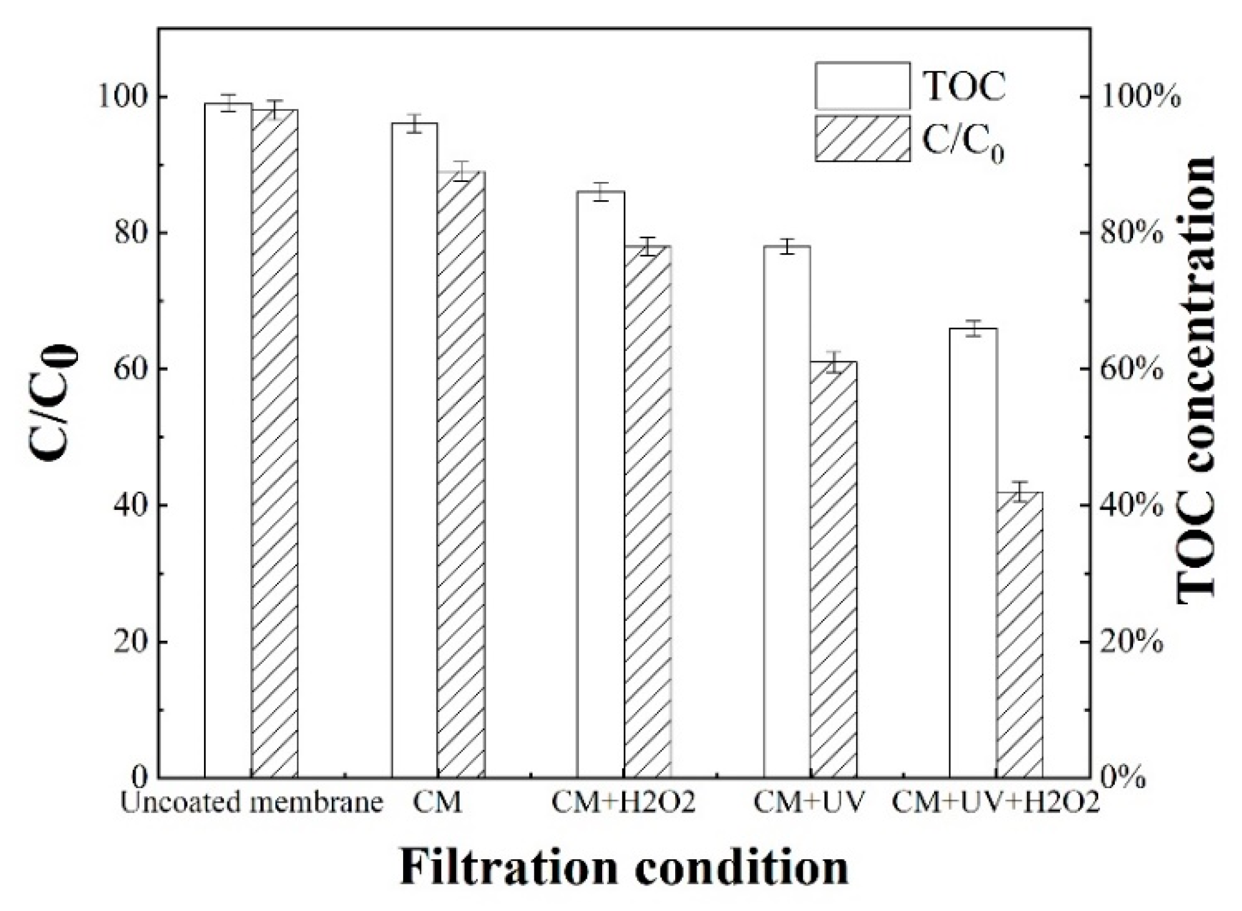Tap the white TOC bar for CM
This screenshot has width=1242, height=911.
point(415,450)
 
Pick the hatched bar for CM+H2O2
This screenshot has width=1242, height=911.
point(647,511)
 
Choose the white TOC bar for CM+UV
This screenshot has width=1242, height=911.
point(787,511)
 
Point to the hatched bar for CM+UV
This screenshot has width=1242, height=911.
point(833,569)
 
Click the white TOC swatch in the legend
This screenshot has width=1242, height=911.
point(863,85)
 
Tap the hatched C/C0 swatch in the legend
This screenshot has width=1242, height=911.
point(863,139)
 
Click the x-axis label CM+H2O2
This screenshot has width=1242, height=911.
point(623,803)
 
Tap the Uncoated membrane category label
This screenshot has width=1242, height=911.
point(251,803)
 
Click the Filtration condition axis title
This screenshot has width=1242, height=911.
point(623,867)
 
